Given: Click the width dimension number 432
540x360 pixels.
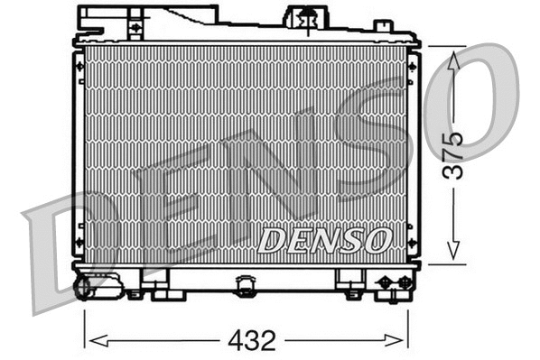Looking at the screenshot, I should coord(252,340).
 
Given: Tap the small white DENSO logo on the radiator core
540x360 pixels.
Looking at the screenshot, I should coord(324,239).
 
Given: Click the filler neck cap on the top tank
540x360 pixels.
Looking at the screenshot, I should coord(307,17).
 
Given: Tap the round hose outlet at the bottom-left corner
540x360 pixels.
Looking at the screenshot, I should coord(84,287).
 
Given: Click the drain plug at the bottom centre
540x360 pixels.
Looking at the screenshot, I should coord(246,286).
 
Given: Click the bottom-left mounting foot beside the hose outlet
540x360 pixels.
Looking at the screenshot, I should coord(135,291).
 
